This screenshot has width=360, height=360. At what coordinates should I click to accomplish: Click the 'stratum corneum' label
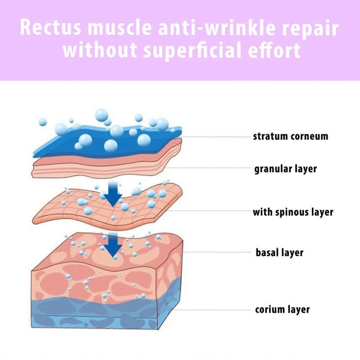tap(290, 136)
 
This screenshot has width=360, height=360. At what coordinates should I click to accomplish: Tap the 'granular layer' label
tap(286, 169)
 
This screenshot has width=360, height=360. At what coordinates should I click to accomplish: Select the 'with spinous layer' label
tap(293, 212)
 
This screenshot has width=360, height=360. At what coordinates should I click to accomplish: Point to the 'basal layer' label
tap(279, 252)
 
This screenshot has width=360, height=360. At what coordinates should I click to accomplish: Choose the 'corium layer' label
tap(283, 309)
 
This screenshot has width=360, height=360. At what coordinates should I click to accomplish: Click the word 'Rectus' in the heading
tap(50, 27)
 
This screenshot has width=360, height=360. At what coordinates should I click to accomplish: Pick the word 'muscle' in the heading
tap(120, 27)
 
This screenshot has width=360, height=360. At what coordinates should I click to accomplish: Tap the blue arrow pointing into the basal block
tap(113, 245)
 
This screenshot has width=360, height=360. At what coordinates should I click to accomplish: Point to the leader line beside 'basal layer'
tap(217, 252)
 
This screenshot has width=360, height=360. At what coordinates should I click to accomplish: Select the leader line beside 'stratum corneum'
tap(216, 137)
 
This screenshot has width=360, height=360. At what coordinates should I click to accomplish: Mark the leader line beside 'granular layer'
tap(208, 168)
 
